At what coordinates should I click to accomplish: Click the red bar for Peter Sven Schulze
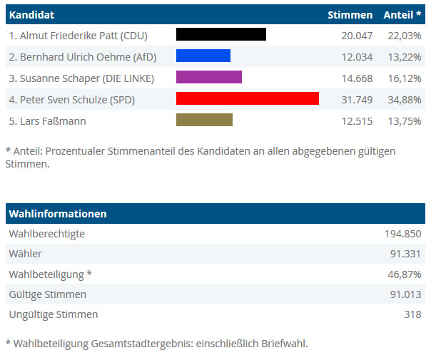247,99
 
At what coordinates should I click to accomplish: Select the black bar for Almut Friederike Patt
220,34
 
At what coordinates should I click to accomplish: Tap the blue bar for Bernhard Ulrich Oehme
203,56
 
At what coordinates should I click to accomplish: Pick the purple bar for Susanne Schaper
208,77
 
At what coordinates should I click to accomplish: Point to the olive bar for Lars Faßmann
204,120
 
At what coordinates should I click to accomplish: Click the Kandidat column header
31,15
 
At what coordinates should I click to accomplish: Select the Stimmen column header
350,15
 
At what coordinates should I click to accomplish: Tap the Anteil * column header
402,15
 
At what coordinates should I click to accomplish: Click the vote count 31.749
357,99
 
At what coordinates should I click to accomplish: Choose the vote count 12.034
357,56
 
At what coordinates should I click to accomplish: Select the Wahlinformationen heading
58,214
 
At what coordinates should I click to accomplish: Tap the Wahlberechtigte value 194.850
403,234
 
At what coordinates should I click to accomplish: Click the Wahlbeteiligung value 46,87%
405,274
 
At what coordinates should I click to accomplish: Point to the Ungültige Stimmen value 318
412,314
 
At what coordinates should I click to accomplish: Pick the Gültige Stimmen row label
47,294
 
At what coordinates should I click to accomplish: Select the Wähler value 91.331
405,254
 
